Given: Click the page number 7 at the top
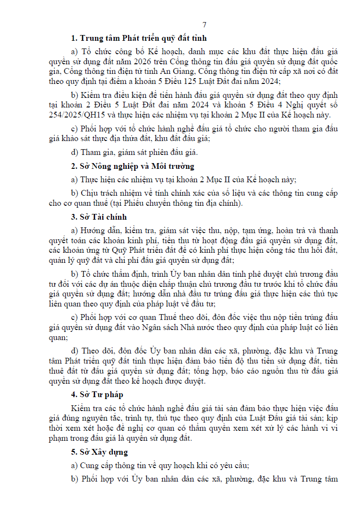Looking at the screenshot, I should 204,25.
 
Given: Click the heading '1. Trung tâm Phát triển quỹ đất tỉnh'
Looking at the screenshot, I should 139,38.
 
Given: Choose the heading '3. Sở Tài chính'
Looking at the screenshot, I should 99,217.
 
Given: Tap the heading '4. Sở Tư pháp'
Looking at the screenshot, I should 97,394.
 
